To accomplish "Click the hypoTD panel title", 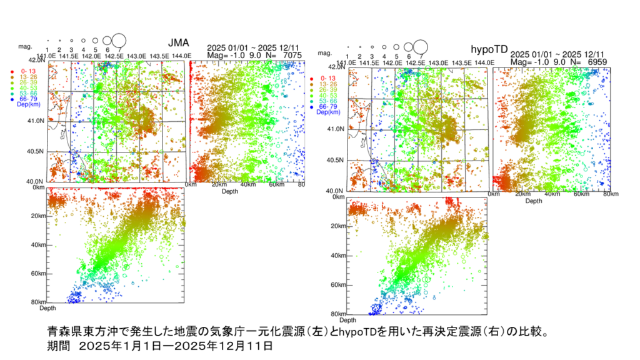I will click(484, 49).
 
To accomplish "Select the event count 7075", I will click(292, 56).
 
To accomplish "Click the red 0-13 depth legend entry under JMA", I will click(26, 71).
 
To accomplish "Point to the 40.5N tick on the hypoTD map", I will click(337, 160).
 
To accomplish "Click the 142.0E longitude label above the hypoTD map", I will click(392, 63).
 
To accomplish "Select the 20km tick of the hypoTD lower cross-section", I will click(338, 226).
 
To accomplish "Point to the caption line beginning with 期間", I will click(160, 344).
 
